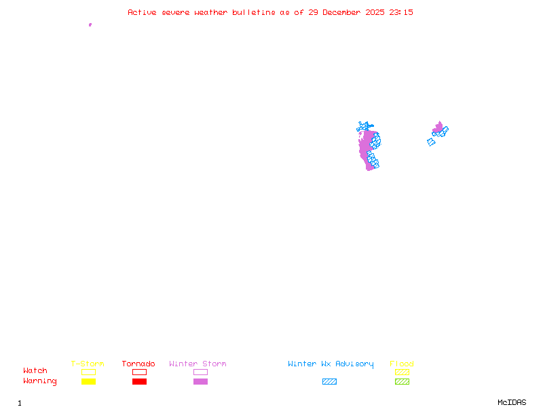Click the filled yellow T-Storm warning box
coord(88,382)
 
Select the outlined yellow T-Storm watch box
coord(88,372)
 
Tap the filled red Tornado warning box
coord(139,382)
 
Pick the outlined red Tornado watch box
coord(139,372)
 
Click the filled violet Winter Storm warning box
coord(200,382)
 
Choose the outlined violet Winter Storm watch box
coord(200,372)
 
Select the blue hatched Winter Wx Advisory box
coord(329,382)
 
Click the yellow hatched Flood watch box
coord(402,372)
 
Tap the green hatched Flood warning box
coord(402,382)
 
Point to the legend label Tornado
coord(138,364)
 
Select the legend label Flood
coord(402,364)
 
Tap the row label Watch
coord(35,371)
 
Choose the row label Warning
coord(40,381)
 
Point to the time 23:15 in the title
coord(401,12)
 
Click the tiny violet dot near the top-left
coord(90,24)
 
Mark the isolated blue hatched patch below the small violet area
coord(431,142)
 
